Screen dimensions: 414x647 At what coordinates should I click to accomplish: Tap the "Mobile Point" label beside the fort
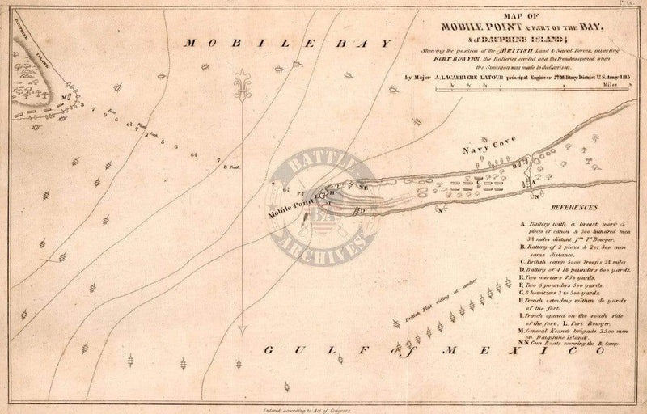[292, 204]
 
